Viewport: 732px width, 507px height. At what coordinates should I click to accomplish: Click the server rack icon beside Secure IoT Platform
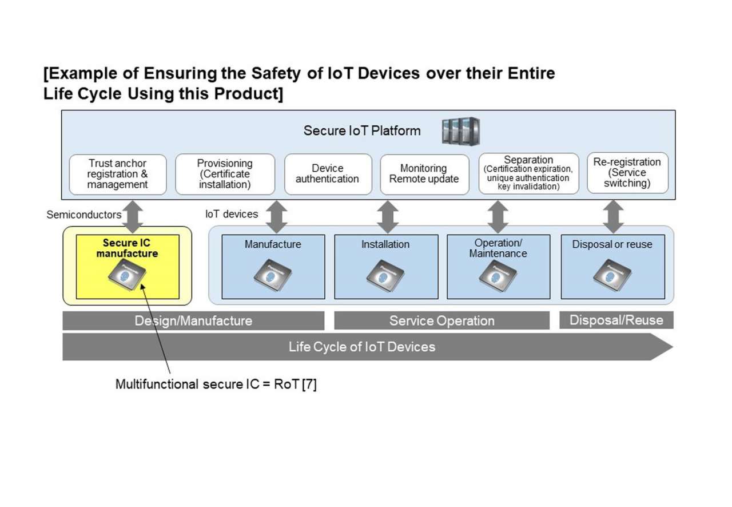(x=460, y=131)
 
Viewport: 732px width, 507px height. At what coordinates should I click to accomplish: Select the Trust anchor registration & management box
(x=118, y=174)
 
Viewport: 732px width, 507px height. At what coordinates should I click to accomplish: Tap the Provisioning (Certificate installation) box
(x=225, y=174)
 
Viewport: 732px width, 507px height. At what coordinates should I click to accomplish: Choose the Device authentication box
(x=328, y=174)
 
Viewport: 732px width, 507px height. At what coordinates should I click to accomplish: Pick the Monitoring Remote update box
(x=424, y=174)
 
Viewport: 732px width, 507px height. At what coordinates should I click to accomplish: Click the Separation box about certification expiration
(x=528, y=173)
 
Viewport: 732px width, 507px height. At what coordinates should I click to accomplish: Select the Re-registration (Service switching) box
(x=627, y=173)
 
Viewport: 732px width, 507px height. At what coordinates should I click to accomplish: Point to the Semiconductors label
(x=83, y=215)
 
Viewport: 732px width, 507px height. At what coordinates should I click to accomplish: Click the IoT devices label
(x=232, y=214)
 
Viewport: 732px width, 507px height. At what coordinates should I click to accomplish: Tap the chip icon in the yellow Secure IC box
(x=127, y=275)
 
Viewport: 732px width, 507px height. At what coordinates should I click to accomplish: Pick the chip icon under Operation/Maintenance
(x=498, y=276)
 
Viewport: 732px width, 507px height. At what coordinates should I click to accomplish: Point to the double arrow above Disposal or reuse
(x=613, y=216)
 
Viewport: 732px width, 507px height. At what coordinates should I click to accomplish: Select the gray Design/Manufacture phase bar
(x=193, y=321)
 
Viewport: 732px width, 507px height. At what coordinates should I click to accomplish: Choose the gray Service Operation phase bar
(x=441, y=321)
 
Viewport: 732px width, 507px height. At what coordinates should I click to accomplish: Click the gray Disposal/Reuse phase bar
(x=616, y=320)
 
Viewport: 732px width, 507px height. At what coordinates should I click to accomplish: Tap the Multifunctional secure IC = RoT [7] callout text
(x=216, y=385)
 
